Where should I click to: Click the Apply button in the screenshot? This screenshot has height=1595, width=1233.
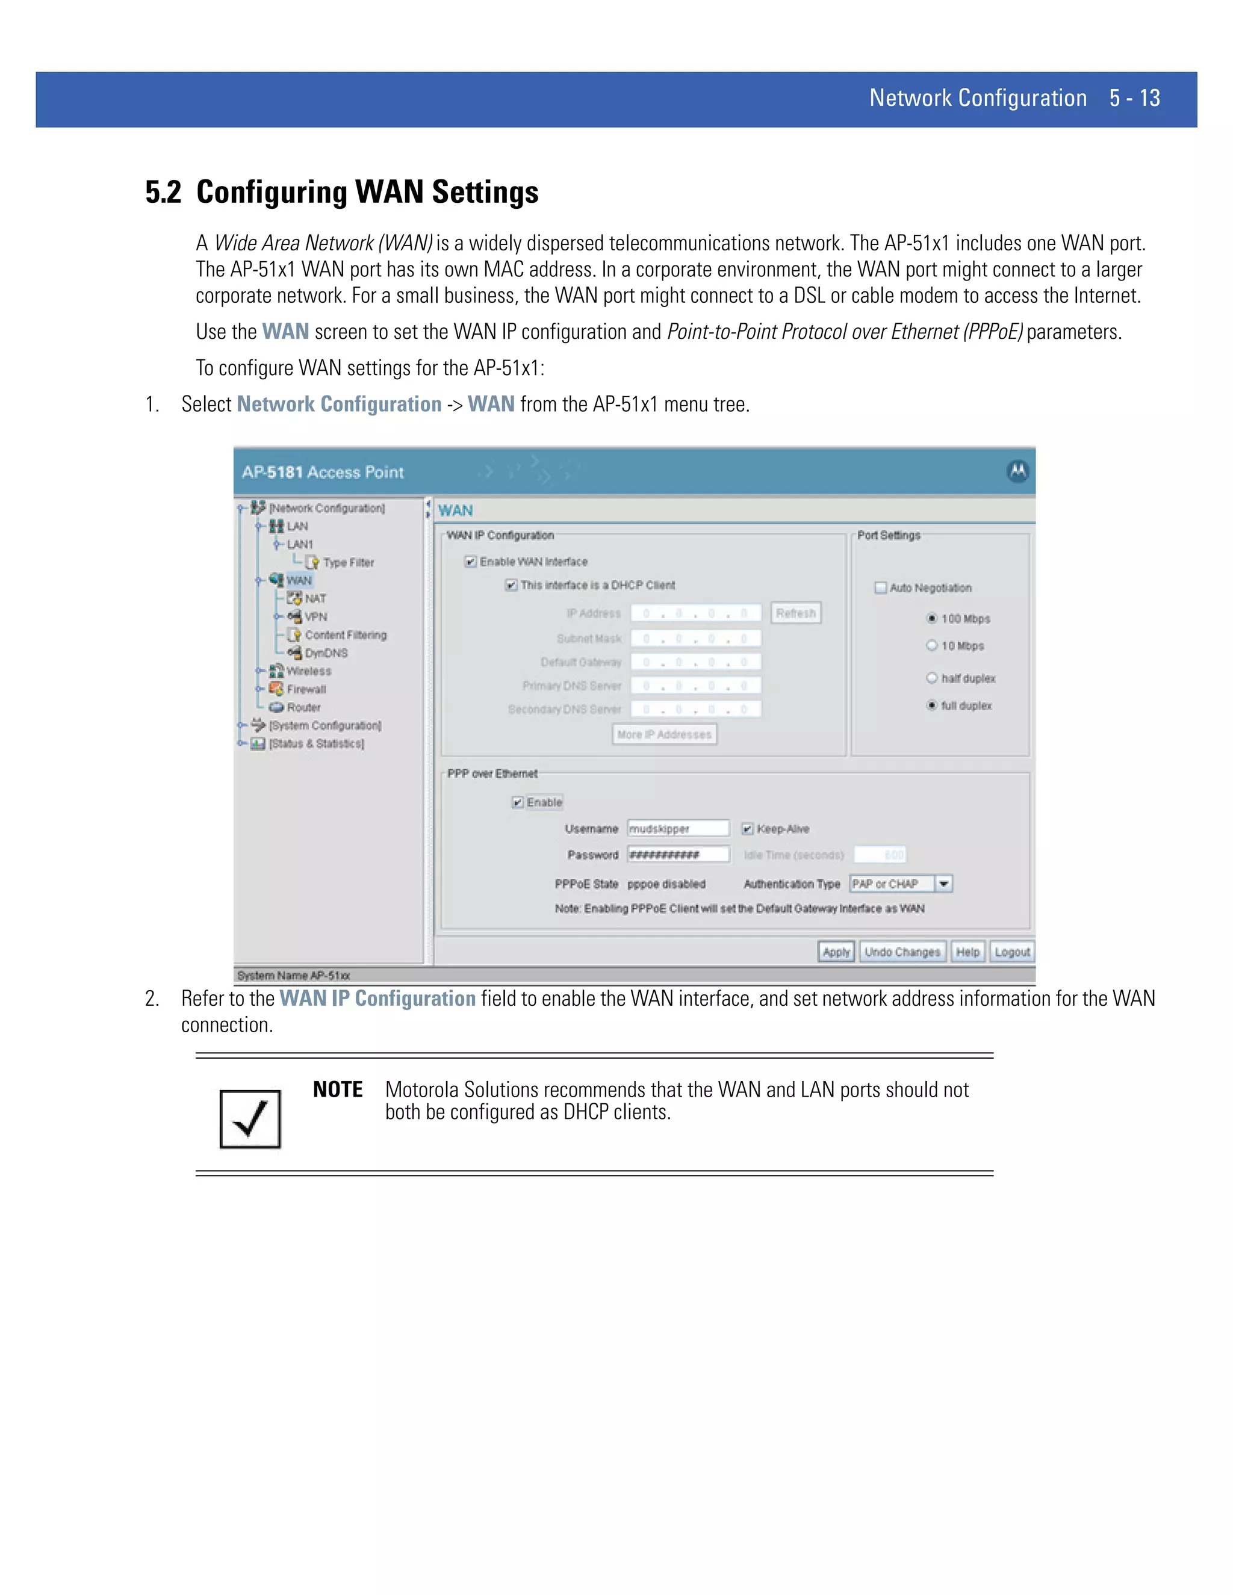836,952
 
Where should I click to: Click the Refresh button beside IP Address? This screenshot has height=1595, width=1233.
795,613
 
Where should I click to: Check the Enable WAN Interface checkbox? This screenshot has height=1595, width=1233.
471,562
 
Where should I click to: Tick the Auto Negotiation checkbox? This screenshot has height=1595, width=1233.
881,588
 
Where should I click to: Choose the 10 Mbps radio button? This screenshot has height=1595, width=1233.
932,646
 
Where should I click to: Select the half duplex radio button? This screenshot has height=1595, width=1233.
932,678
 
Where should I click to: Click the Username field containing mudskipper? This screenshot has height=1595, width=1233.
678,828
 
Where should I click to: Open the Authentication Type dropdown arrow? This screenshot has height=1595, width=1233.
944,884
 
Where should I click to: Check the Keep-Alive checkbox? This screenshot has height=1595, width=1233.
747,829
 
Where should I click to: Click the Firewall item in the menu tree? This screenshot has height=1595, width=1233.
306,689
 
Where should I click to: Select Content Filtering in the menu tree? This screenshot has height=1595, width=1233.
345,634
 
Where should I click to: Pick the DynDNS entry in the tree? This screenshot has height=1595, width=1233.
326,653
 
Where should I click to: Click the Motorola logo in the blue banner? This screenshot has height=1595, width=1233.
1017,471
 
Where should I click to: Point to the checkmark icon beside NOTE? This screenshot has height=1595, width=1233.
250,1119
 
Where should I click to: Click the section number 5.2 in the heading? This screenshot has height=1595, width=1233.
163,193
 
